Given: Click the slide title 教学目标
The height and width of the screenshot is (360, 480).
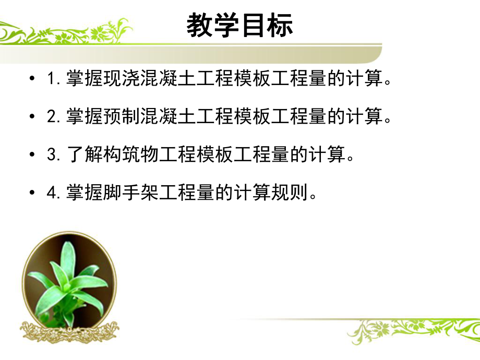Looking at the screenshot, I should (x=240, y=26).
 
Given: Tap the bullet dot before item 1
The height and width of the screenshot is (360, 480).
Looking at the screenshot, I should (x=33, y=80).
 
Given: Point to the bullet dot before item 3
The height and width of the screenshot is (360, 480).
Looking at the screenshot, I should (x=33, y=155).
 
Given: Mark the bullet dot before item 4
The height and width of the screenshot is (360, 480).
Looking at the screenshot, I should (x=33, y=193).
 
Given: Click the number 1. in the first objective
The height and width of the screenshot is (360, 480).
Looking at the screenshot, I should (x=54, y=80).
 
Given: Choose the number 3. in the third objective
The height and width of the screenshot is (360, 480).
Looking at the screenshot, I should (x=54, y=155).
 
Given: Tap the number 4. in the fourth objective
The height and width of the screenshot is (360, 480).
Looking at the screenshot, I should (x=54, y=193).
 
